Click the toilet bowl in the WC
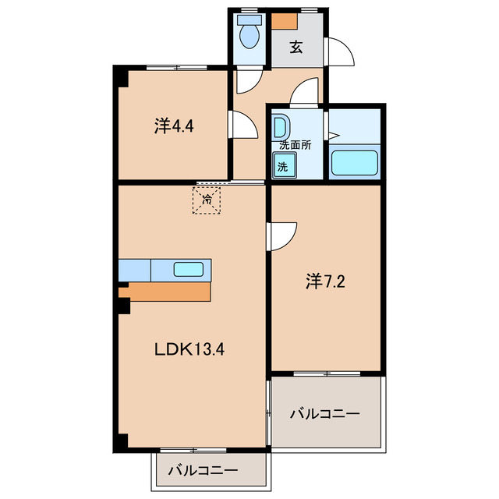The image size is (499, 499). [x=249, y=37]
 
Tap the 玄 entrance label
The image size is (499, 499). [x=296, y=48]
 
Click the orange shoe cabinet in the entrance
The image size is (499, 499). [x=284, y=21]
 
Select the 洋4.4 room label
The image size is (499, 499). [x=174, y=126]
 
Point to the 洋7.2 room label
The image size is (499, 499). [x=325, y=281]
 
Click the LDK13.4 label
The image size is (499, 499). [x=189, y=350]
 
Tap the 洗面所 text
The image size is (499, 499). [x=296, y=145]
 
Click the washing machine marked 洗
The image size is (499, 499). [x=284, y=165]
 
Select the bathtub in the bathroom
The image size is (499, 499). [x=354, y=163]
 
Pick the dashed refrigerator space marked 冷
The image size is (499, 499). [x=207, y=200]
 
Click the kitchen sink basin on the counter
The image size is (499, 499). [x=189, y=270]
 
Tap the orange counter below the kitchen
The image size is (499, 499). [x=165, y=292]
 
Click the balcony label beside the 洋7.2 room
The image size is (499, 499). [x=325, y=414]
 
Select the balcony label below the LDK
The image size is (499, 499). [x=203, y=470]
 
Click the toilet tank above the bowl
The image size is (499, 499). [x=249, y=19]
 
